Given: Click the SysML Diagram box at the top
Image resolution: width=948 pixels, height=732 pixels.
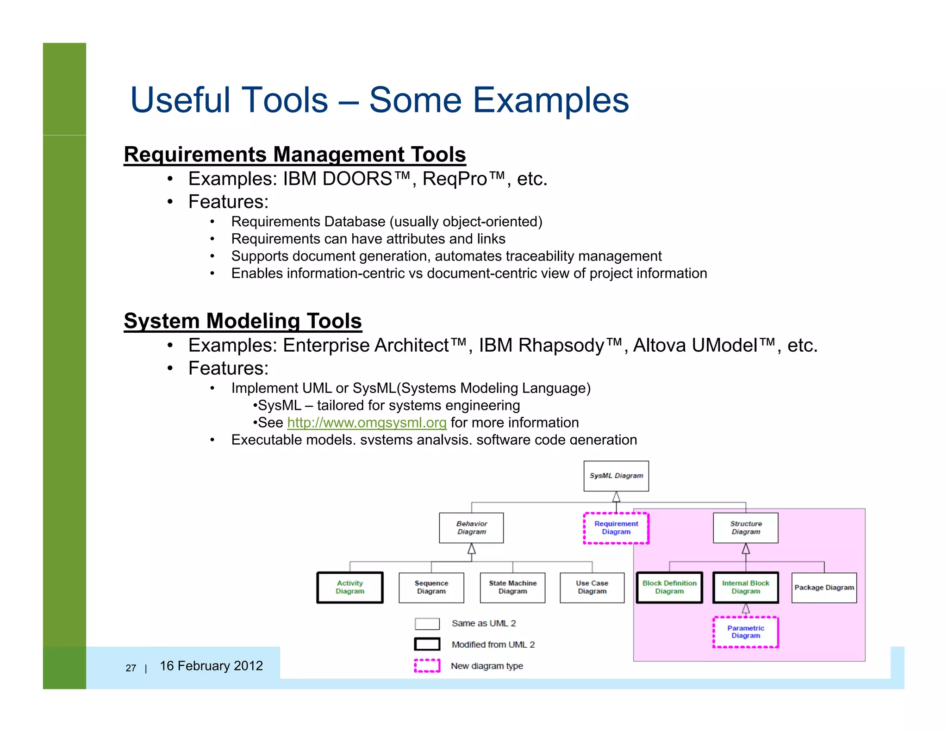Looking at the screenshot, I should (616, 476).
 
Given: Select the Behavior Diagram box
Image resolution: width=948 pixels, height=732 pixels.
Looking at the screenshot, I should (471, 527).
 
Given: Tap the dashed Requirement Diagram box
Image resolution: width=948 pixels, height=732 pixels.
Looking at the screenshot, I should (616, 528).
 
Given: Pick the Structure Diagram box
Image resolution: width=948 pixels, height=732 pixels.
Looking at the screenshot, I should (746, 527).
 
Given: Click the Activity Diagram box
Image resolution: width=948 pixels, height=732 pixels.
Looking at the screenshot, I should (350, 587).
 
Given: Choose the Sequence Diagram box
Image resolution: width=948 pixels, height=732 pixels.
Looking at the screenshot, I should (431, 587).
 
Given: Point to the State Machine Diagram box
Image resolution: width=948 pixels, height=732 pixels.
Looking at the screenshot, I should (512, 587).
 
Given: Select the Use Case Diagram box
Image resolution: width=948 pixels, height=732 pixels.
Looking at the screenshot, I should (592, 587).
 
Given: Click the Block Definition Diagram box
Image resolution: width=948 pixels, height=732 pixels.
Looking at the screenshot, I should (669, 587).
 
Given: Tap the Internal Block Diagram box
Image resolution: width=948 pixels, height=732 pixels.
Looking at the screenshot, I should (746, 587).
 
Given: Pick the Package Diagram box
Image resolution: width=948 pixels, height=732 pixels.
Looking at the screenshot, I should (824, 588).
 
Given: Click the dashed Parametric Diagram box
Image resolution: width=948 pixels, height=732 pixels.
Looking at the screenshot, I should (746, 632).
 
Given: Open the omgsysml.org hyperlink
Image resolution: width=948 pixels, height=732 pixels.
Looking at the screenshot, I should (367, 422).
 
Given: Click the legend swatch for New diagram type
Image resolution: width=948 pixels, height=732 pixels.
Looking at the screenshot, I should (427, 665).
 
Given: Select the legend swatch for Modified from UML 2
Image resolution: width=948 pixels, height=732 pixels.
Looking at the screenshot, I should (427, 644).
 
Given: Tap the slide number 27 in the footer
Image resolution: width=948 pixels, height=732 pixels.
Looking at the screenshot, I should (131, 668).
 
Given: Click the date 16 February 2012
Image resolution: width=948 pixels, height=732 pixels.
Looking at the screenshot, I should (211, 666).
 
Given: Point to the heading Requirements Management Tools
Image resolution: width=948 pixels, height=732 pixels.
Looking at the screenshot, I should (295, 154).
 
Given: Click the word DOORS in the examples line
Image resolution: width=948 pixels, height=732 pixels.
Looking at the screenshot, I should (357, 179).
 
